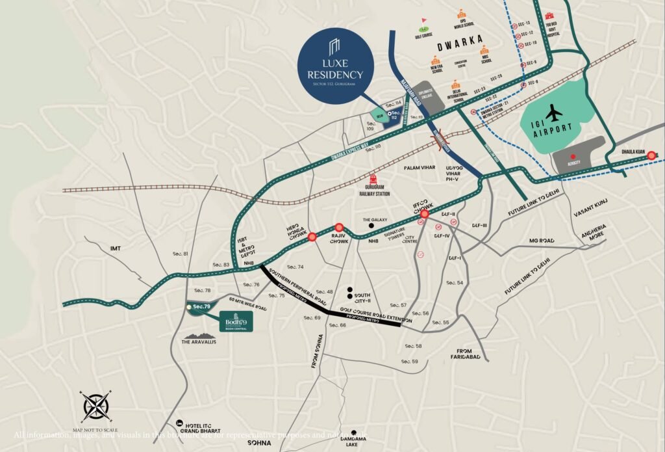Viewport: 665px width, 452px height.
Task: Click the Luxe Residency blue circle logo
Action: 335,64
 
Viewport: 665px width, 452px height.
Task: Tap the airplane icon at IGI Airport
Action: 554,113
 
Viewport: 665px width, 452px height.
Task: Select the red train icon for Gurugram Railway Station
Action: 373,179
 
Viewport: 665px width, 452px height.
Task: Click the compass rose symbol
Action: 95,407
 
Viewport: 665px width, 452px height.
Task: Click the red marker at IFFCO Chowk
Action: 425,213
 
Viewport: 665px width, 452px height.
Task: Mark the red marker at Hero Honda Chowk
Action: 312,237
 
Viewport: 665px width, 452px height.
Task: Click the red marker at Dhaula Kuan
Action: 650,155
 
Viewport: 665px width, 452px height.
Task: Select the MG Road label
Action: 542,241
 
